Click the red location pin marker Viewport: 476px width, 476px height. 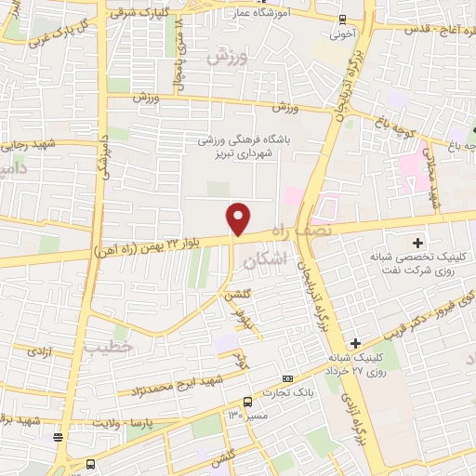239,218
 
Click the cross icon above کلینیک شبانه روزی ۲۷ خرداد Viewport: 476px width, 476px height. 355,343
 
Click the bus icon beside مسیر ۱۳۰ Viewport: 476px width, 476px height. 247,403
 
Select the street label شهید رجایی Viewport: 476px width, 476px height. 29,143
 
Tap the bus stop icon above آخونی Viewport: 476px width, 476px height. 341,20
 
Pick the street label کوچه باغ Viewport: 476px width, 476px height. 393,119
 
